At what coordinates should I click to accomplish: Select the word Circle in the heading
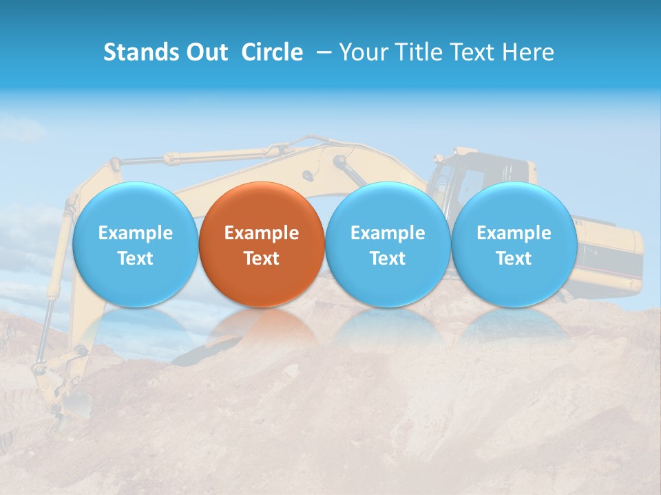pos(272,52)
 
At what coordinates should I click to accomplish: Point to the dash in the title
pos(324,52)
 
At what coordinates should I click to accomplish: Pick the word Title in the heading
pos(418,52)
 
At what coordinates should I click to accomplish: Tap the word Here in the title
pos(528,52)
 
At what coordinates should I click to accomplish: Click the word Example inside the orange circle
pos(262,233)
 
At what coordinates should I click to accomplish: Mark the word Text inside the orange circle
pos(262,258)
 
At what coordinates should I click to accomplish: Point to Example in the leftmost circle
pos(135,233)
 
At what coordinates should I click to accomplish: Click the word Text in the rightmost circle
pos(514,258)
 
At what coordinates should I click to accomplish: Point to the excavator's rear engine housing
pos(609,254)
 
